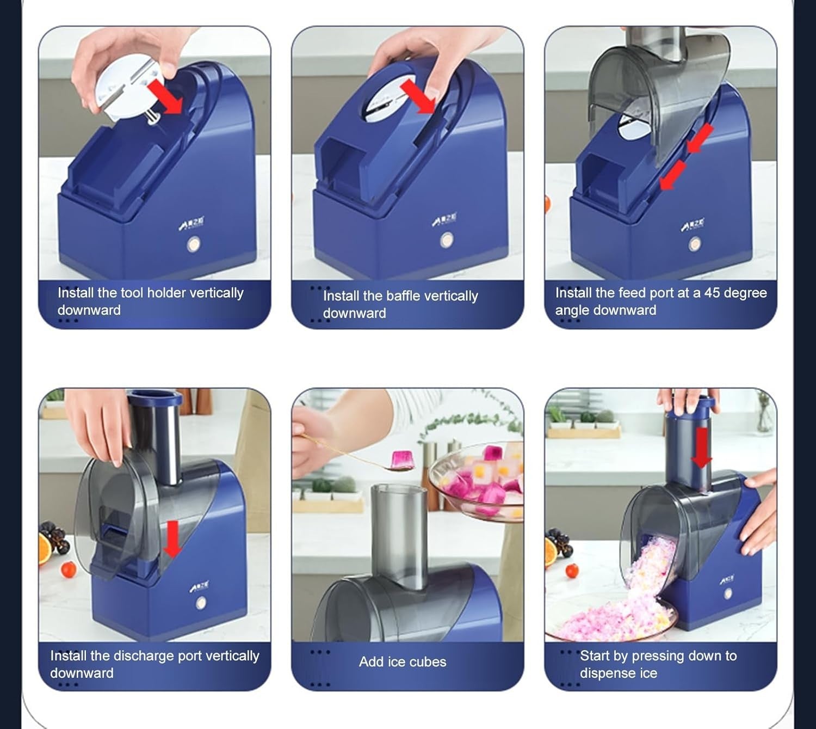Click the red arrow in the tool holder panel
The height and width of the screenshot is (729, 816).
tap(166, 97)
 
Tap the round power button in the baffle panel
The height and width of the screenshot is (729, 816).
tap(446, 240)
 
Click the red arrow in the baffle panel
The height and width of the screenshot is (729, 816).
tap(418, 96)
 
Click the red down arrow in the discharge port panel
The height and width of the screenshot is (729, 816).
tap(173, 539)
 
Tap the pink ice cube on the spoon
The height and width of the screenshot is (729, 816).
tap(399, 459)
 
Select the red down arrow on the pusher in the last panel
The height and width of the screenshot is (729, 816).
tap(701, 448)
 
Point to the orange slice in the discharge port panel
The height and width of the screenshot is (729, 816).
tap(45, 549)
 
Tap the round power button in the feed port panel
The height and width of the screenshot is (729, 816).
tap(694, 243)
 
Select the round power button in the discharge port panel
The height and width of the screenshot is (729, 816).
tap(201, 603)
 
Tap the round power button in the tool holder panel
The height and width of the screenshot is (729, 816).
tap(194, 244)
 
